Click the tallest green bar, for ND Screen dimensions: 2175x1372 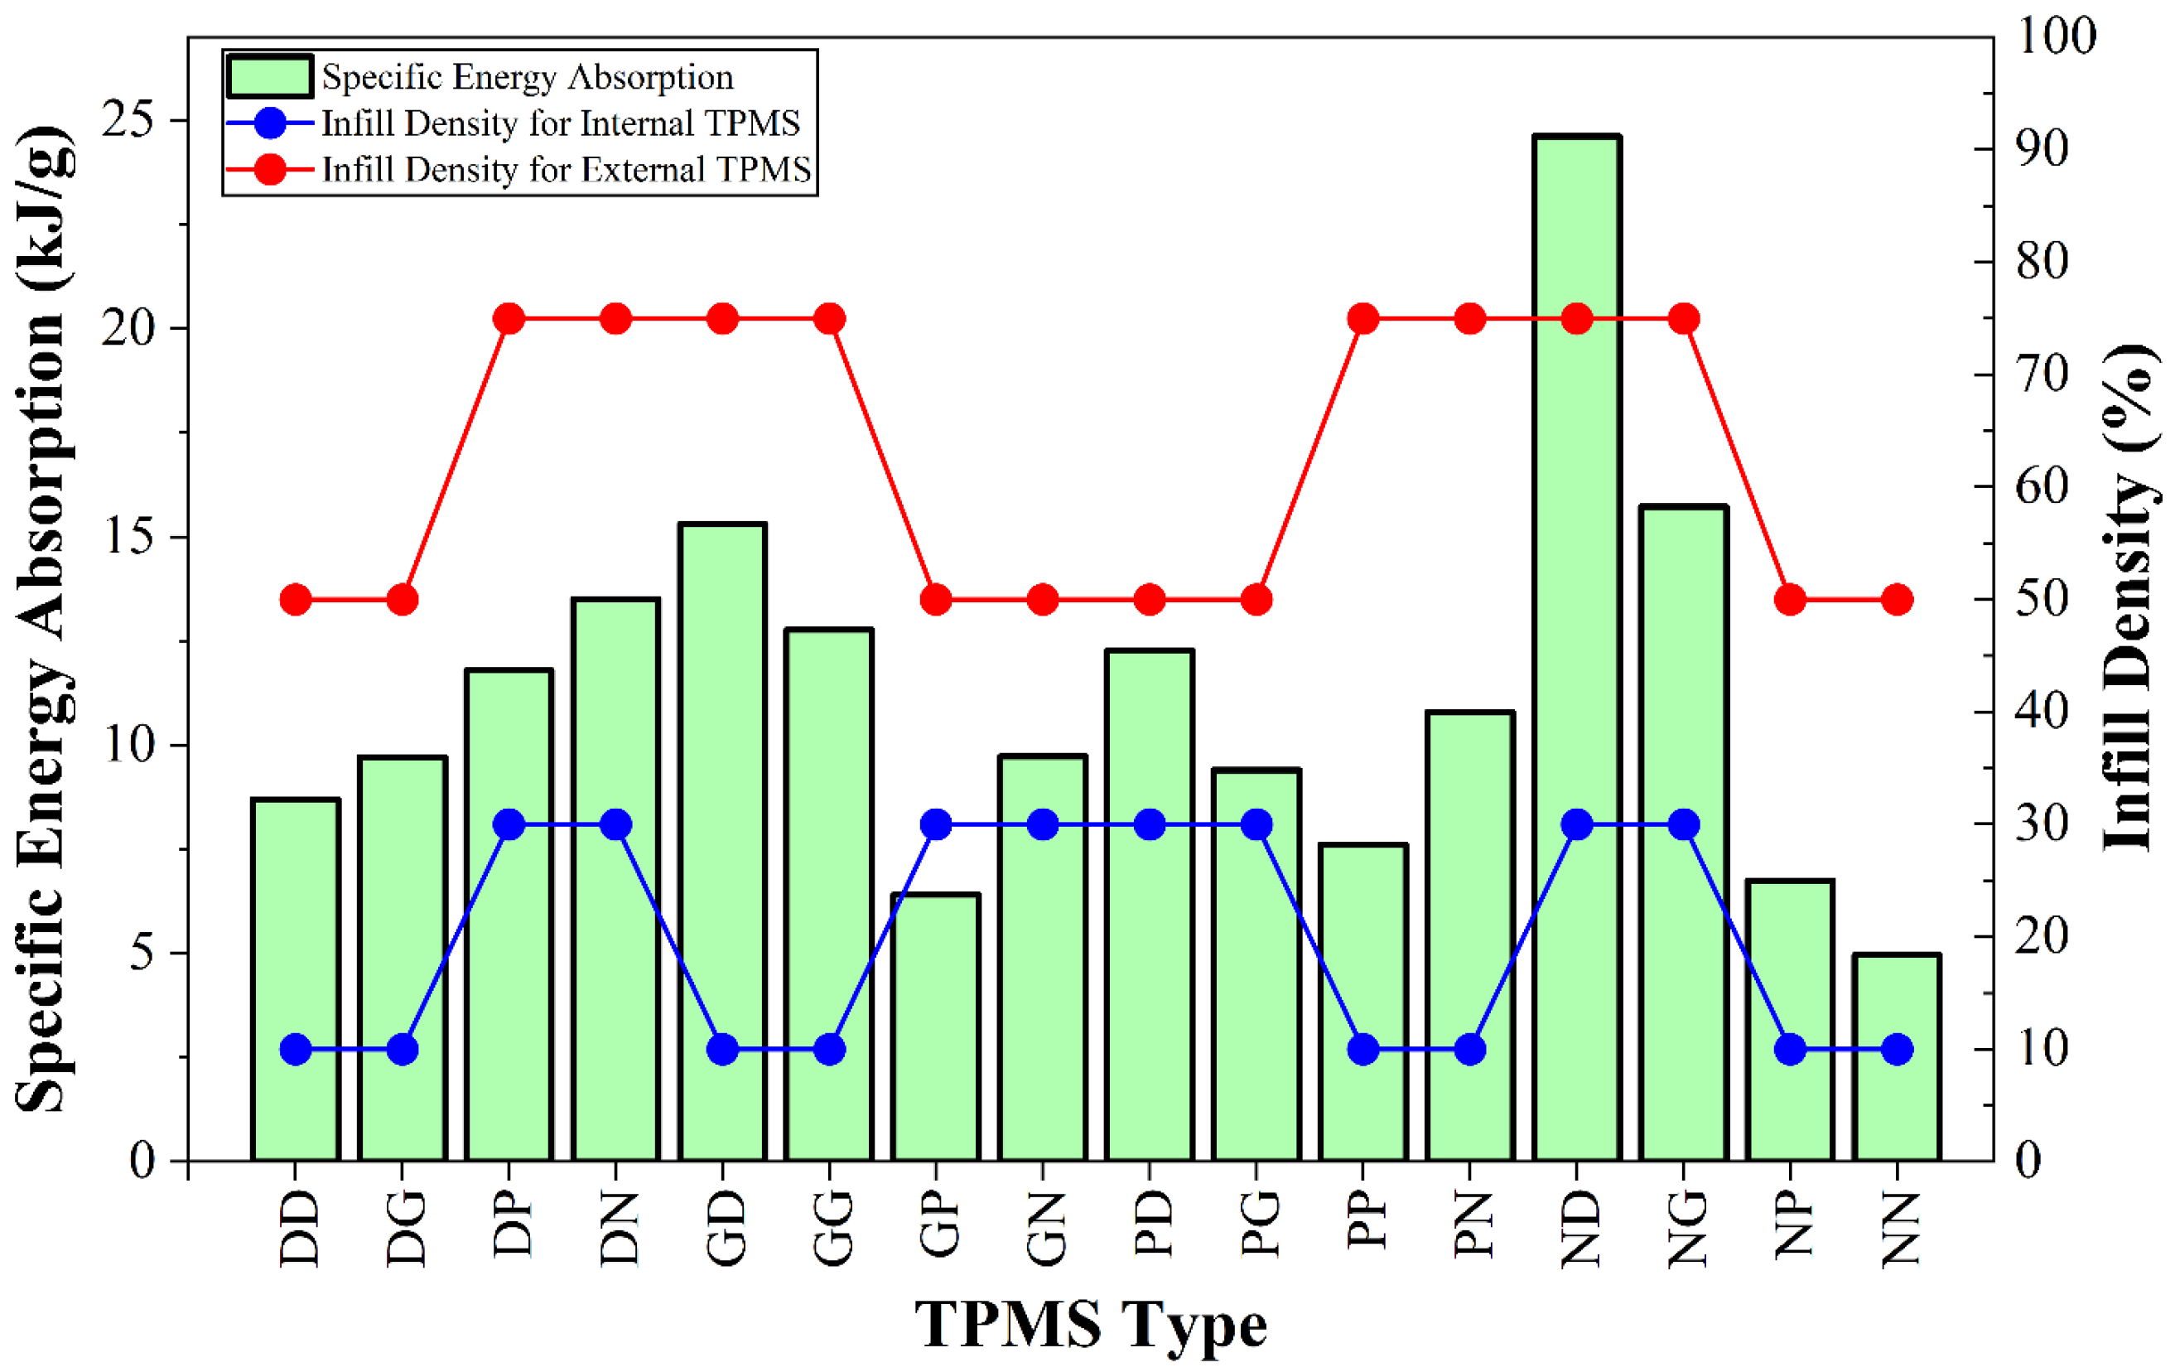1577,648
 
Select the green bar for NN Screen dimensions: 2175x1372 1897,1058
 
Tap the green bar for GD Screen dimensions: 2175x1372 722,842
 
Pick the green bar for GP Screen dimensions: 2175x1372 936,1027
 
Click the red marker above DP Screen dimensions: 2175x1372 509,319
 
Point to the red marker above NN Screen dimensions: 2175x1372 1897,600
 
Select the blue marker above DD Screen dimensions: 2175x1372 296,1050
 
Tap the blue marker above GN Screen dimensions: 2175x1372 1044,824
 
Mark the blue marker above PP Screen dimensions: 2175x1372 1363,1050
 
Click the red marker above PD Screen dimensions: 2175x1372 1150,600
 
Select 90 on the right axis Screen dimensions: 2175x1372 2042,149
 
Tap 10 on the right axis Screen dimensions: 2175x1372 2042,1050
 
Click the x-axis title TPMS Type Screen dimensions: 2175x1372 1091,1326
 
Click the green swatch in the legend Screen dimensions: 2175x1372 270,76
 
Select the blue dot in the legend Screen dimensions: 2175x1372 270,123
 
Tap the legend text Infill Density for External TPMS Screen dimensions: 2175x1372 567,170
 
